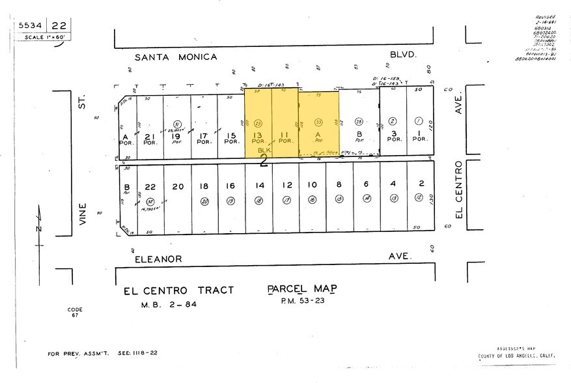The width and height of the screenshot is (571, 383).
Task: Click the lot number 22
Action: (x=150, y=186)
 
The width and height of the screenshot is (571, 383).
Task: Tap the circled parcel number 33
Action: (x=319, y=122)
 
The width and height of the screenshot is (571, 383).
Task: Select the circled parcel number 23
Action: (x=258, y=122)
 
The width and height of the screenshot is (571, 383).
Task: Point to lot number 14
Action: (x=259, y=186)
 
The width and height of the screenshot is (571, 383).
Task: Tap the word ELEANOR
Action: (x=158, y=259)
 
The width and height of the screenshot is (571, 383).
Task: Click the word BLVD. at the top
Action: (x=402, y=56)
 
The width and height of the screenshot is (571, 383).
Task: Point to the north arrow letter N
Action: (x=39, y=228)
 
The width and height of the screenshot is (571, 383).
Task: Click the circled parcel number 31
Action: (x=176, y=123)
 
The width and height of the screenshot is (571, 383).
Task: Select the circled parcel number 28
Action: (x=359, y=122)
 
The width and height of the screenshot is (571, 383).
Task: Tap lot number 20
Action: (x=178, y=186)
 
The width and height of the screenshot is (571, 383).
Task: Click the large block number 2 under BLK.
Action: (x=264, y=162)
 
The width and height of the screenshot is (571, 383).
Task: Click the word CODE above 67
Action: (x=75, y=309)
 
